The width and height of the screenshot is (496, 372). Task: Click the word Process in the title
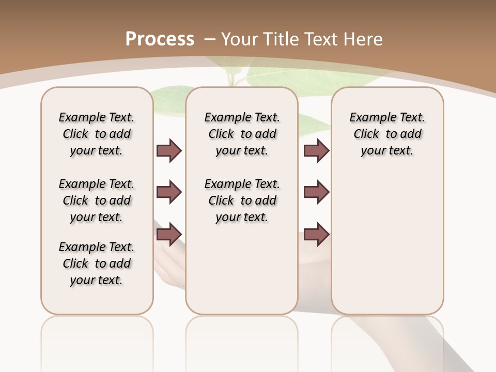160,39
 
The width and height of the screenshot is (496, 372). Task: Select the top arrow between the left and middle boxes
169,150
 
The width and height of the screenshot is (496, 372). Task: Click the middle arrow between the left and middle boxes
169,192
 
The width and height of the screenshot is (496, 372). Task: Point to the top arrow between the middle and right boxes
317,150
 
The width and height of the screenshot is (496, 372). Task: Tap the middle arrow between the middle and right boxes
317,192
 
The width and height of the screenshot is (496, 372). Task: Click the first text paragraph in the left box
97,134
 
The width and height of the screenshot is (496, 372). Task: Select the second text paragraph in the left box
97,200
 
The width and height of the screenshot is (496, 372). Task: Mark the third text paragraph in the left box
97,263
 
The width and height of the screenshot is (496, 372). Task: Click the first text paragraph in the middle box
242,134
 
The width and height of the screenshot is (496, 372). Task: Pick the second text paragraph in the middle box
242,200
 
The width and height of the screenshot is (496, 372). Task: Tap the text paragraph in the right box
387,134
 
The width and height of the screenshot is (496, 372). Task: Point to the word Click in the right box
366,134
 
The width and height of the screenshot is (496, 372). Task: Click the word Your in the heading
239,39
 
